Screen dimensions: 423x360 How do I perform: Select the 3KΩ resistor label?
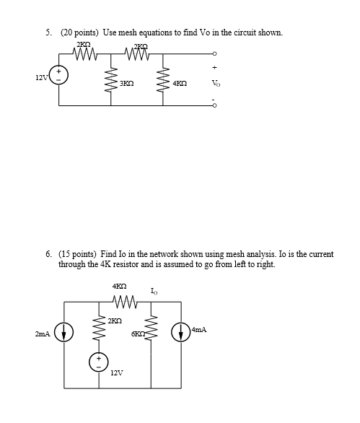coord(127,83)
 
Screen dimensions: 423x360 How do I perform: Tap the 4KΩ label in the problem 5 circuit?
coord(181,83)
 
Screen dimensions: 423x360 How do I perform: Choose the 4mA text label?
coord(200,329)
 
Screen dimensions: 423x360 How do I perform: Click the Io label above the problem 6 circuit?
coord(154,291)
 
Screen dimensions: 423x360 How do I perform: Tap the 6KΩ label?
coord(139,332)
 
